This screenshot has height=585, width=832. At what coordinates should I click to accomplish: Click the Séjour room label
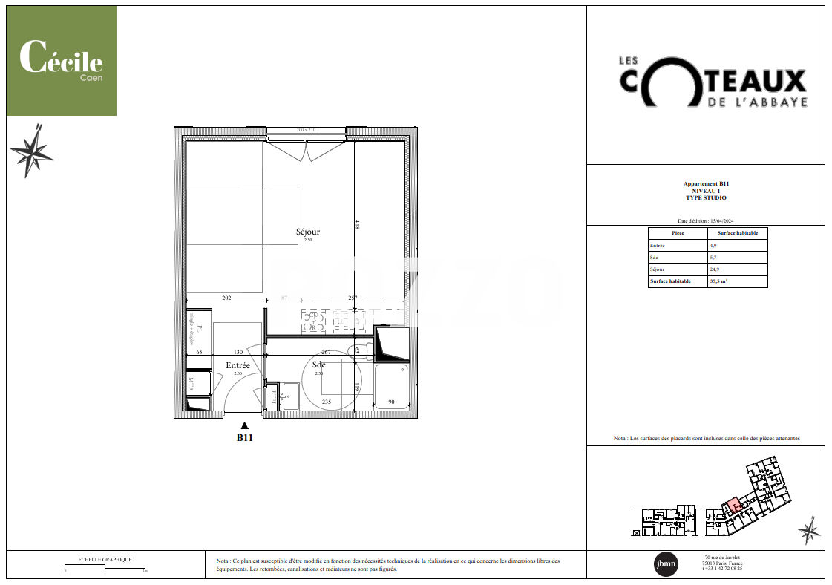tap(308, 232)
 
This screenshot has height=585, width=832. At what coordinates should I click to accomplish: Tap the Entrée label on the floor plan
tap(238, 365)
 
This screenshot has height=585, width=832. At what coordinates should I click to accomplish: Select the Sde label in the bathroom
tap(318, 365)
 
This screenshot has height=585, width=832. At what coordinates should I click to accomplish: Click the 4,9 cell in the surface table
tap(713, 245)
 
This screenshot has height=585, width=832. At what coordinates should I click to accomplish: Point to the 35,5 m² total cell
tap(718, 281)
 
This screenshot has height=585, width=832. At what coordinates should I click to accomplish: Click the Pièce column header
tap(678, 233)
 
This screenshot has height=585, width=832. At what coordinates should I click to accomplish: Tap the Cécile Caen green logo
tap(62, 61)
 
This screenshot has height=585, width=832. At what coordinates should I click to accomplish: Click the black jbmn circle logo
tap(665, 564)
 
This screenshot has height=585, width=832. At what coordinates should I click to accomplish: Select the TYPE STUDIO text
tap(706, 198)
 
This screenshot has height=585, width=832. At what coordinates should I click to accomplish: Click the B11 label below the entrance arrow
tap(245, 438)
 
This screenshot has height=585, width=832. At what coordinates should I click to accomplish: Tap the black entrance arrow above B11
tap(245, 425)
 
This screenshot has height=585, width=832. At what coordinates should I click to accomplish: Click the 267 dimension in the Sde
tap(326, 353)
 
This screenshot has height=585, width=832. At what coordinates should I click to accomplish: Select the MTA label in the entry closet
tap(191, 383)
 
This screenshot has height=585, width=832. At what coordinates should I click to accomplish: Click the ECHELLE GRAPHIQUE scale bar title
tap(105, 560)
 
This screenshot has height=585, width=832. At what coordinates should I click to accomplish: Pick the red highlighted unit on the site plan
tap(732, 506)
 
